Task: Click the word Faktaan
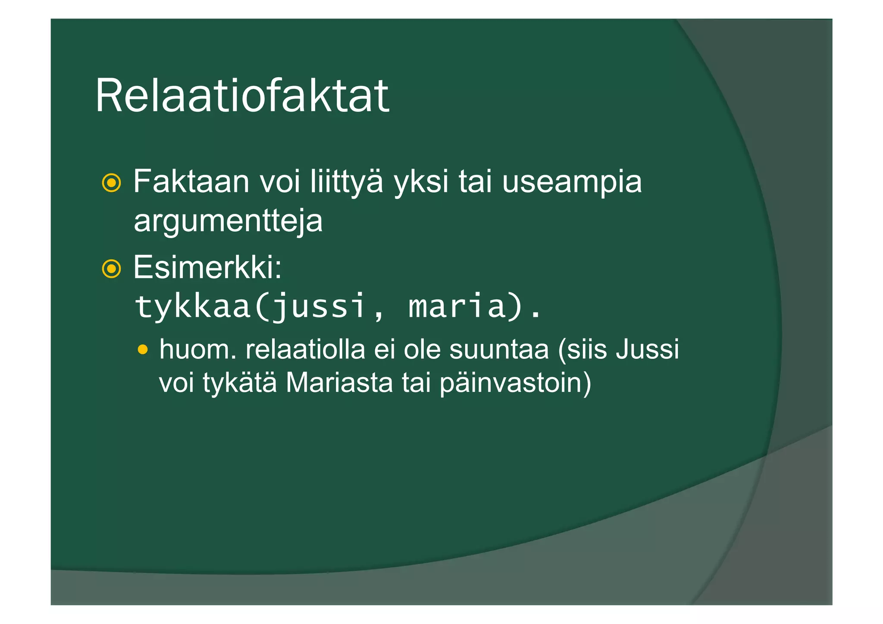tap(191, 182)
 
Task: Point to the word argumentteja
tap(228, 221)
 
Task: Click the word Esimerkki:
tap(207, 267)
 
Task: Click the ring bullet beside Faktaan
tap(111, 183)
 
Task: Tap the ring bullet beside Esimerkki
tap(111, 269)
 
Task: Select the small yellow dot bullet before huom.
tap(143, 349)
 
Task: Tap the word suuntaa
tap(499, 349)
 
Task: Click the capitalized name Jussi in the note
tap(647, 349)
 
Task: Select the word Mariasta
tap(339, 383)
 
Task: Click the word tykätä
tap(239, 383)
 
